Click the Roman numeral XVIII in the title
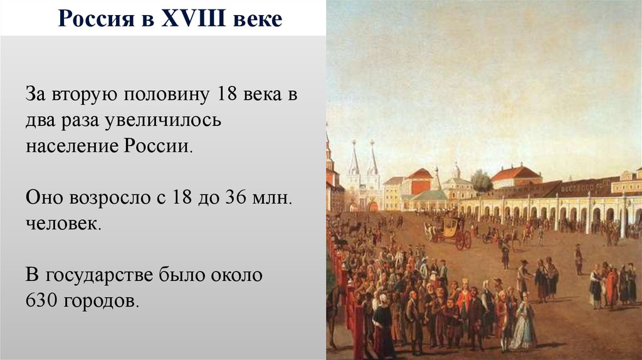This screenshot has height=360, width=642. pyautogui.click(x=193, y=18)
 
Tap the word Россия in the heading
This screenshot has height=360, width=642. pyautogui.click(x=96, y=19)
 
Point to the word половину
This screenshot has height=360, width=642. pyautogui.click(x=166, y=95)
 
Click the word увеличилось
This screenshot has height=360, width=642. pyautogui.click(x=162, y=121)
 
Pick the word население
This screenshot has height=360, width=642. pyautogui.click(x=72, y=146)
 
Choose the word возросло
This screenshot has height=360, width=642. pyautogui.click(x=110, y=198)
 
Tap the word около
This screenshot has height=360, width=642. pyautogui.click(x=236, y=275)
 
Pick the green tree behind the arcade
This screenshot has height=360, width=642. pyautogui.click(x=481, y=181)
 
